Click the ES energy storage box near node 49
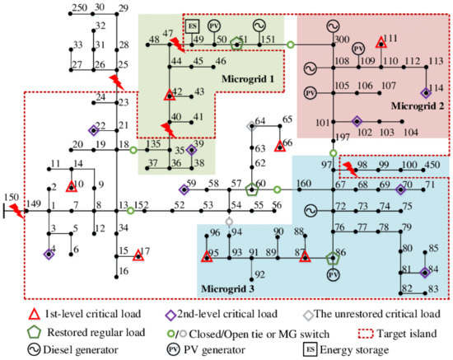click(192, 27)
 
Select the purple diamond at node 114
click(426, 93)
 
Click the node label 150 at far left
click(10, 197)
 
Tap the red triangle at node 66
click(280, 144)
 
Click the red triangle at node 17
click(138, 255)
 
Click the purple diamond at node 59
click(184, 189)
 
